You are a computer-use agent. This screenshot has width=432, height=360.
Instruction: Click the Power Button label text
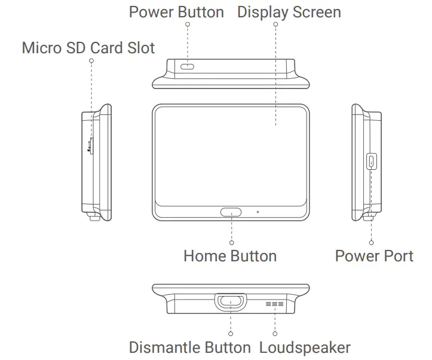pos(176,12)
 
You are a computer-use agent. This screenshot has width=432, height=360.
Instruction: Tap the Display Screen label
pos(289,12)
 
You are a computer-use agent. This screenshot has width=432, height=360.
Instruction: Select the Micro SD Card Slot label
pos(88,48)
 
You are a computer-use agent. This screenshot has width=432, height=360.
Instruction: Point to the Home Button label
pos(229,257)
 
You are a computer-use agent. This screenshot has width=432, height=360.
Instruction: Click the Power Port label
pos(374,257)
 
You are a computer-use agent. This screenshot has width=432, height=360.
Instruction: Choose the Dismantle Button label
pos(190,347)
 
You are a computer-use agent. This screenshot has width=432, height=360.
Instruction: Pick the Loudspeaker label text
pos(305,347)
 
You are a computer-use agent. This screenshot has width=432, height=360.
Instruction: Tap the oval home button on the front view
pos(231,212)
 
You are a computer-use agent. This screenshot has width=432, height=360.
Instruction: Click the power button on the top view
pos(188,66)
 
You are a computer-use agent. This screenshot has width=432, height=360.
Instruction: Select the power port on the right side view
pos(370,160)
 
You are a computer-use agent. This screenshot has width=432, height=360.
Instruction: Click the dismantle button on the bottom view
pos(231,301)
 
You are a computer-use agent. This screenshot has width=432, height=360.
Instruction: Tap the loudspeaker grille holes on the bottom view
pos(275,305)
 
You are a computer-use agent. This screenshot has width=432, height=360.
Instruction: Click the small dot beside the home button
pos(258,212)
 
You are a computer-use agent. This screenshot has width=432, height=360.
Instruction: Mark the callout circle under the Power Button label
pos(188,25)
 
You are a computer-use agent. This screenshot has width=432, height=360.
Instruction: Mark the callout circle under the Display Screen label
pos(275,25)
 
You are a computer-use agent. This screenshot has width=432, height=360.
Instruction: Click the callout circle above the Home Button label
pos(231,242)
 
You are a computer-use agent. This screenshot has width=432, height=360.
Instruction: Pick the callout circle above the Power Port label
pos(371,242)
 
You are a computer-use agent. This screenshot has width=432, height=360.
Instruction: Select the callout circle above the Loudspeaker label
pos(275,333)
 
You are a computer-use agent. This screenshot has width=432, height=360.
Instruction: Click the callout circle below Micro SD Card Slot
pos(91,60)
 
